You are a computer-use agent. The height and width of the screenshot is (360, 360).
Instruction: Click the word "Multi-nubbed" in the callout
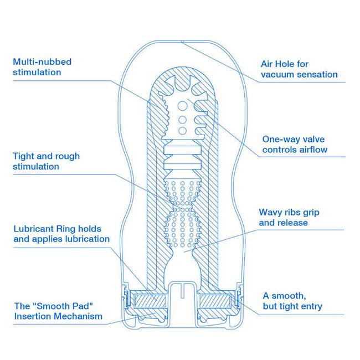coord(42,62)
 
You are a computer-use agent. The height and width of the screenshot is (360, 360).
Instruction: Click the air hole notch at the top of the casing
coord(183,42)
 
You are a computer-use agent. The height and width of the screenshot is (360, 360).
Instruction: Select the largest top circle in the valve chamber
coord(183,106)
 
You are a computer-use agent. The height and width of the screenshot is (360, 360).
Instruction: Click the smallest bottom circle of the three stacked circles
coord(183,131)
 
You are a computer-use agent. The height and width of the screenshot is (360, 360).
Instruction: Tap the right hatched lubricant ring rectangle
coord(215,301)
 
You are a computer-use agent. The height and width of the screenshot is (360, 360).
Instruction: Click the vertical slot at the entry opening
coord(183,291)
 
